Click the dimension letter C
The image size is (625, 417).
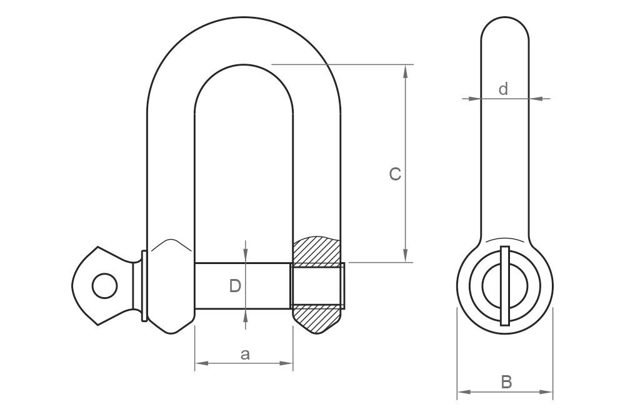[395, 174]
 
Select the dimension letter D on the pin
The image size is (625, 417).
[235, 286]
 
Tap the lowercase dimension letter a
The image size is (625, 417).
[245, 355]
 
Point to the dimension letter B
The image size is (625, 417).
[506, 382]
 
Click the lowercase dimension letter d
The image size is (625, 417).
[503, 89]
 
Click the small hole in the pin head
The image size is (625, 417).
[104, 286]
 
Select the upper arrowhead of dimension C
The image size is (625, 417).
[406, 71]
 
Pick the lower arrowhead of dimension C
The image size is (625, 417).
[406, 255]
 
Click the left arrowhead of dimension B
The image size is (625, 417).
[463, 393]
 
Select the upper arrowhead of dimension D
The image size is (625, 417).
[246, 256]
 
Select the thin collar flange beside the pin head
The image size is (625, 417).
[144, 286]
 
